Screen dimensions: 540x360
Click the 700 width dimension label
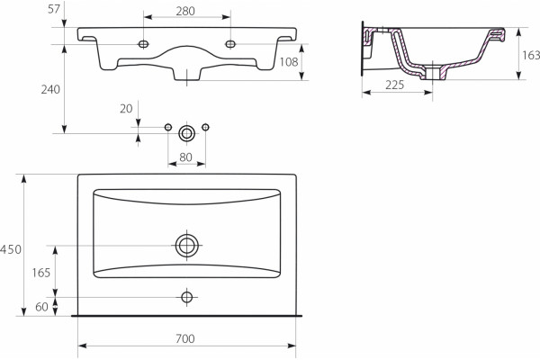pos(185,338)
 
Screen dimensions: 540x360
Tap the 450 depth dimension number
pos(11,249)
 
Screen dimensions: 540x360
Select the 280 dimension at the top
pos(185,12)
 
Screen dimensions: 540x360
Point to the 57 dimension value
pos(54,9)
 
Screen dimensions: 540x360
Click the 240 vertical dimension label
pos(50,90)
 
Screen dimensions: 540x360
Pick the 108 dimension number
pos(289,62)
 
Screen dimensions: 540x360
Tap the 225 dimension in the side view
pos(395,85)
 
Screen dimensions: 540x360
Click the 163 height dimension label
pos(531,55)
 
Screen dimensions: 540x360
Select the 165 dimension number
pos(41,273)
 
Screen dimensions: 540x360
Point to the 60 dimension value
pos(41,307)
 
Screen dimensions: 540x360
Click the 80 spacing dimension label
pos(185,157)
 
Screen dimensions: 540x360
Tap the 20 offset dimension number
pos(126,109)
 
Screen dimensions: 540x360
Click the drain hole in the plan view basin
pos(187,246)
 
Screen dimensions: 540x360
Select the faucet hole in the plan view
pos(186,297)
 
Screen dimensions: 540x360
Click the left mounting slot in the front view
pos(143,44)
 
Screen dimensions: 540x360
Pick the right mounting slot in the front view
pos(230,44)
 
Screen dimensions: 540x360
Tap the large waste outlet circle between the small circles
pos(186,133)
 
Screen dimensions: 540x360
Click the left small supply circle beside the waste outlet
pos(168,128)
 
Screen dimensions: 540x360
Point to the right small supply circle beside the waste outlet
pos(205,128)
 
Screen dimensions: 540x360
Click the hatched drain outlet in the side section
pos(433,74)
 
